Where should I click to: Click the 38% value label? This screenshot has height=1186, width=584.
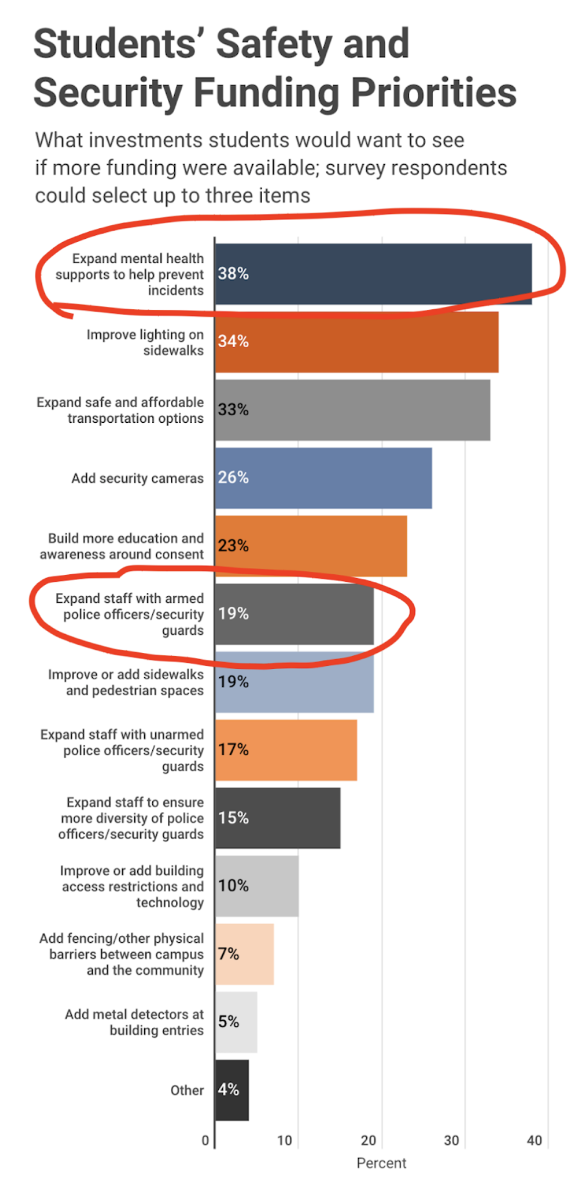(x=233, y=273)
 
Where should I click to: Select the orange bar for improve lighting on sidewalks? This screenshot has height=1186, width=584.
(x=356, y=342)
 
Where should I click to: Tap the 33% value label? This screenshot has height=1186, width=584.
(x=233, y=409)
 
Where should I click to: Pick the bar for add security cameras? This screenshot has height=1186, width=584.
(x=323, y=478)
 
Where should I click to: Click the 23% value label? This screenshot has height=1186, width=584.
(x=233, y=546)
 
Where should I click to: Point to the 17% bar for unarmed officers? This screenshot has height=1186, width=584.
(x=286, y=750)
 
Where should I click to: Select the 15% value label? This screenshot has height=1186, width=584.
(x=233, y=817)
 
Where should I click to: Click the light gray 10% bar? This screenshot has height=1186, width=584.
(x=256, y=885)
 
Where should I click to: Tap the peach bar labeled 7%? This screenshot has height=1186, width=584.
(x=245, y=953)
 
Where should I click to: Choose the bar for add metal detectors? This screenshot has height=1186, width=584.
(x=236, y=1021)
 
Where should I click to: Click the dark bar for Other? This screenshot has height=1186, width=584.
(x=231, y=1089)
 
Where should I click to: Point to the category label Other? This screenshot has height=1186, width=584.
(x=187, y=1090)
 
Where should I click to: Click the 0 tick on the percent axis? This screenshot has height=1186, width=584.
(x=205, y=1140)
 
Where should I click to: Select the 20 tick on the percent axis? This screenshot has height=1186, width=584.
(x=369, y=1140)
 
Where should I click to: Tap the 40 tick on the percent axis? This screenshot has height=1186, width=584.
(x=535, y=1140)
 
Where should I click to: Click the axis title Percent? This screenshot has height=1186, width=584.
(x=381, y=1163)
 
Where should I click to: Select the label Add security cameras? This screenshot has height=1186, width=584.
(x=137, y=478)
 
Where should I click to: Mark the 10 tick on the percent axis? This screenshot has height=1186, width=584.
(x=285, y=1140)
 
